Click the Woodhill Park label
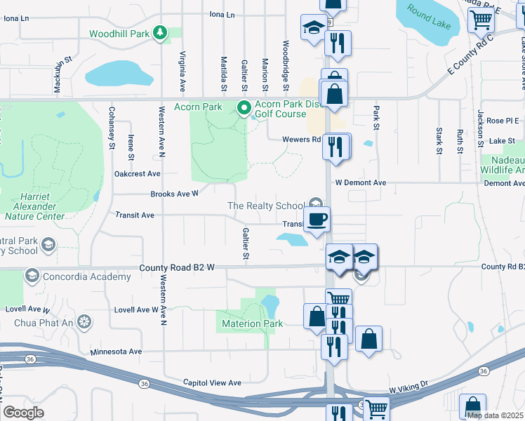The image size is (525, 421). click(x=119, y=34)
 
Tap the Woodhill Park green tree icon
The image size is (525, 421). click(x=161, y=32)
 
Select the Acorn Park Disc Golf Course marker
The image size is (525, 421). click(x=244, y=108)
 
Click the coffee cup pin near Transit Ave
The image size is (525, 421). click(x=317, y=219)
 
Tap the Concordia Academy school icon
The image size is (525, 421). click(x=31, y=276)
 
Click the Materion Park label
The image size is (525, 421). click(x=252, y=323)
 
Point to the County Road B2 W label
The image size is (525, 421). click(x=176, y=267)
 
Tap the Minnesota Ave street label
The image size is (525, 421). click(x=116, y=352)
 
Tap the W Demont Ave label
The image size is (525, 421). click(x=361, y=182)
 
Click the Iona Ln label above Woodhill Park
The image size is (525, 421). click(x=222, y=14)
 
